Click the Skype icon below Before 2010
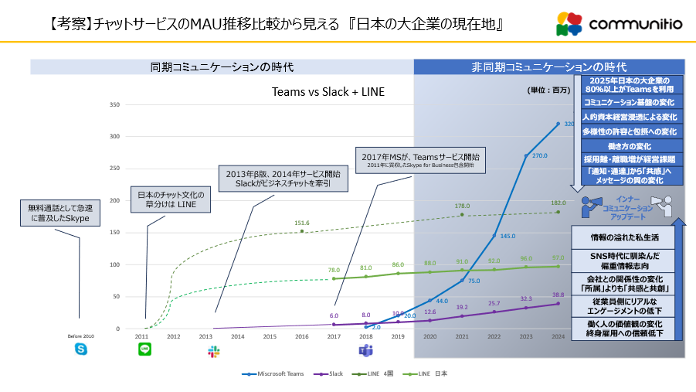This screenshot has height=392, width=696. pos(81,350)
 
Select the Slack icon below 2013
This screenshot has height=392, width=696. pos(214,351)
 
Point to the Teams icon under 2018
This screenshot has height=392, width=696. pos(366,351)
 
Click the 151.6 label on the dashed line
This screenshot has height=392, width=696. pos(301,223)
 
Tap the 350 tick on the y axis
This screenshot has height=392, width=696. pos(114,104)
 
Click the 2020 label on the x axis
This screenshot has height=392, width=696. pos(430,337)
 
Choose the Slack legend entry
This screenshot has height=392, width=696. pos(333,373)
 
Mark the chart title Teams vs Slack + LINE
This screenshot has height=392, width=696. pos(328,91)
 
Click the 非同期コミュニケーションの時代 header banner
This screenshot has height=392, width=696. pos(548,67)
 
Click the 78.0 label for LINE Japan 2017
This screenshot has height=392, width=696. pos(334,270)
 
